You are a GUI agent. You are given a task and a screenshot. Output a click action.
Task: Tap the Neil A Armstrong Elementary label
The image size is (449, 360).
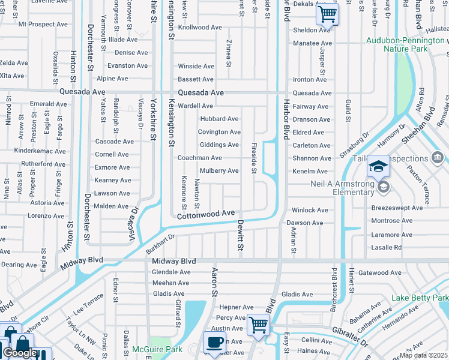click(x=342, y=188)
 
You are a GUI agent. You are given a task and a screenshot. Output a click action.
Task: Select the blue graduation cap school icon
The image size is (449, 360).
click(x=379, y=166)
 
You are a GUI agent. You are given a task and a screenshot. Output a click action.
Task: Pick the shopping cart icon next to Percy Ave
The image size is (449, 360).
click(x=258, y=325)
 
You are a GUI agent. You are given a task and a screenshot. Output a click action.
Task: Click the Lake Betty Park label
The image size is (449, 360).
click(x=420, y=298)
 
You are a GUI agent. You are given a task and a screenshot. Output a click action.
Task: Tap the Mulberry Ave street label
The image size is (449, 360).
click(x=219, y=171)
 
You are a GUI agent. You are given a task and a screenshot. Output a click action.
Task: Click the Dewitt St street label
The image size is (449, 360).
click(x=240, y=234)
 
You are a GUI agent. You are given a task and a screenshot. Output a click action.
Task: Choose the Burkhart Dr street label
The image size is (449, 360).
click(x=160, y=244)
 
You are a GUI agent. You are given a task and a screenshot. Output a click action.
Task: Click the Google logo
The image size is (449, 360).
click(x=20, y=353)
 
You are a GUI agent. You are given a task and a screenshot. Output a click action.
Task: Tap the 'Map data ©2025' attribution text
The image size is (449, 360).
click(x=424, y=355)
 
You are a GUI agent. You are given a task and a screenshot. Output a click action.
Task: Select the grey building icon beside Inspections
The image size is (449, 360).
click(x=438, y=158)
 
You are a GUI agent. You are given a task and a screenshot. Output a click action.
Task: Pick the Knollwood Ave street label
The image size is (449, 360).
click(x=200, y=28)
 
